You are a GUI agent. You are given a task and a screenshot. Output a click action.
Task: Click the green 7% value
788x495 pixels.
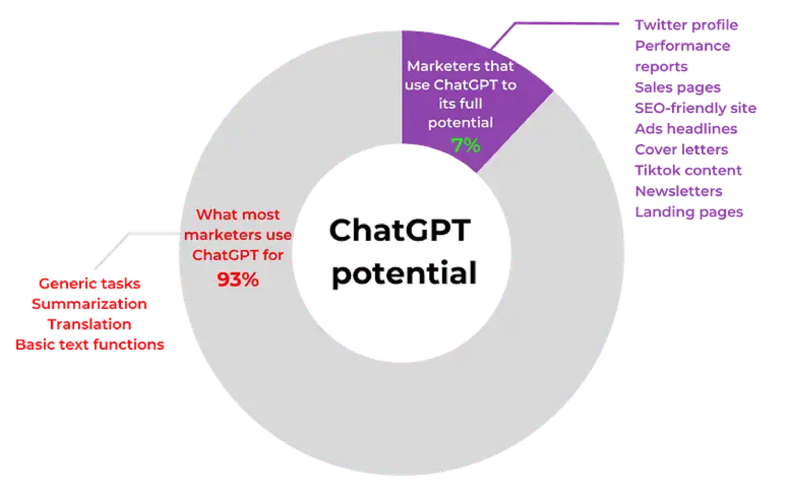pos(466,145)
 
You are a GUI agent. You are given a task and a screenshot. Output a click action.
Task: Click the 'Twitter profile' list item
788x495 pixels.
pos(686,25)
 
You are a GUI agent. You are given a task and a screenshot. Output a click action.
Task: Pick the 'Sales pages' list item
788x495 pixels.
pos(677,88)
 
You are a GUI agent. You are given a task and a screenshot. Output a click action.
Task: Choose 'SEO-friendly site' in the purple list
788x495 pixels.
pos(695,108)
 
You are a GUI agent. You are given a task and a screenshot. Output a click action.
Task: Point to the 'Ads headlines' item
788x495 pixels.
pos(686,129)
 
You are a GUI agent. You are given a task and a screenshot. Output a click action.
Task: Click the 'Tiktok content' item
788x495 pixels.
pos(688,171)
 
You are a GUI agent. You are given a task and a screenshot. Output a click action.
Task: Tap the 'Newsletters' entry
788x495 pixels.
pos(678,191)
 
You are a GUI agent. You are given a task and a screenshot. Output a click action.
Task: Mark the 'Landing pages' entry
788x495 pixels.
pos(689,212)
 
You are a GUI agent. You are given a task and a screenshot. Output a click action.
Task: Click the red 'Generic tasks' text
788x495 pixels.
pos(89,284)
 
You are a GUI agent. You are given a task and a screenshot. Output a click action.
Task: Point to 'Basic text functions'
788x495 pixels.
pos(89,345)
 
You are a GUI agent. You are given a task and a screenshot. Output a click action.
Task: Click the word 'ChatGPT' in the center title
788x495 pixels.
pos(400,230)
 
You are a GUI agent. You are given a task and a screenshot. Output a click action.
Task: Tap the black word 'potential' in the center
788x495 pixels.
pos(404,273)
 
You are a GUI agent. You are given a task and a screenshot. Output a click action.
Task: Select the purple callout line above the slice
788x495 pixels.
pos(566,23)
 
